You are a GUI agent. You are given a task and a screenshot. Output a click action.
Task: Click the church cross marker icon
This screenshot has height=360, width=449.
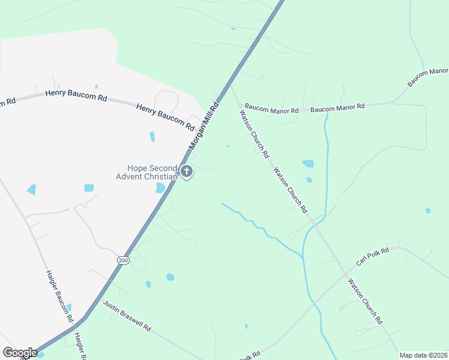point(187,173)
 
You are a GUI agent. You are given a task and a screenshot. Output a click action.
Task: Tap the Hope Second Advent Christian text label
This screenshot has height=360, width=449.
point(148,172)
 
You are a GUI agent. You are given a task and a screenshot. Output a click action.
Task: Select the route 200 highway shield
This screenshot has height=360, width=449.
point(123,260)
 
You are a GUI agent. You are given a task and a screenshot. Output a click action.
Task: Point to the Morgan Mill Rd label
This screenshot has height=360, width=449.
point(203,125)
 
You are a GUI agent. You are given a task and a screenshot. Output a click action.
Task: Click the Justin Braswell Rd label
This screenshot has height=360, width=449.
point(127,316)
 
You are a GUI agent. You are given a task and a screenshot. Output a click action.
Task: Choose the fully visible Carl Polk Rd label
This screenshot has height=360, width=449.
point(372,257)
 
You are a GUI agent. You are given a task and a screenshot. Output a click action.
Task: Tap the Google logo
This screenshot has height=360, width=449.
point(20,353)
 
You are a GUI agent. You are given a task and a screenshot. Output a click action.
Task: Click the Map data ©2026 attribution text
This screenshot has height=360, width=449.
point(423,355)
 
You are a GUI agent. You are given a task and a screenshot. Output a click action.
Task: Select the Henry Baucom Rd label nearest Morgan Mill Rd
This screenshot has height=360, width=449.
point(165,116)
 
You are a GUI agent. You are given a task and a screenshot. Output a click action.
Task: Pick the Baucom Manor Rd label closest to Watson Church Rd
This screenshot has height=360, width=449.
point(271,111)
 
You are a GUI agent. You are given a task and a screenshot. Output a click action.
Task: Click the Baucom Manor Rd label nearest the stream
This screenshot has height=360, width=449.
point(337,107)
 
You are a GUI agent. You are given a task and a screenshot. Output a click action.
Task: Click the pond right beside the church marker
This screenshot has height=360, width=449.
point(160,188)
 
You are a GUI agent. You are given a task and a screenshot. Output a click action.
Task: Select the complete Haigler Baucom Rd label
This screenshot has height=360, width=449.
point(59,295)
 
